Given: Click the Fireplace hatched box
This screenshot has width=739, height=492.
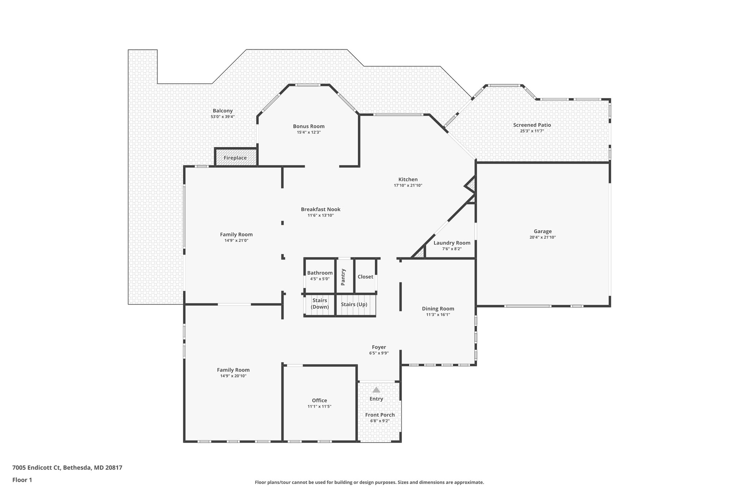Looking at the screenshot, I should point(235,158).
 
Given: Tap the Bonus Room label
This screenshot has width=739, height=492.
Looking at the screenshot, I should point(309,126).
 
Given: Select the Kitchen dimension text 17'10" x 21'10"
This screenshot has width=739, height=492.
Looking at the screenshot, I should point(408,186).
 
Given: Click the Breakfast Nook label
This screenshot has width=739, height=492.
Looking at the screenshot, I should point(320,209).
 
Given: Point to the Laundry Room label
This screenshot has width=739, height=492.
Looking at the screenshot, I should point(452,243).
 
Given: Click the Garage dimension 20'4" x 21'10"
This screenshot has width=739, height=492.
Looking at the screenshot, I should point(542,238).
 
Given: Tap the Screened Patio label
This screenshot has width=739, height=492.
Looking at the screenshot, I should point(532,125).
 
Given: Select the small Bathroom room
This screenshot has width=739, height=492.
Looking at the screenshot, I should point(320,276).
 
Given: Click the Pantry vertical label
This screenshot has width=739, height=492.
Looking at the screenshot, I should point(343,277).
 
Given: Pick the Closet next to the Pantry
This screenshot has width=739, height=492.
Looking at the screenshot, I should point(365,277).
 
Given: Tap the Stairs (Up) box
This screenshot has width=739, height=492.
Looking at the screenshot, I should point(354,304).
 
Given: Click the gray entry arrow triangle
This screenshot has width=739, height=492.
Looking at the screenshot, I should point(376,390).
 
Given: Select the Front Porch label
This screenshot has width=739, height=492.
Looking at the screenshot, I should point(380,415).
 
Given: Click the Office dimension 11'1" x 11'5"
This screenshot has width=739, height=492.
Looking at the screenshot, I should point(319,407).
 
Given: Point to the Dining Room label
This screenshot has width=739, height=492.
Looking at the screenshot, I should point(438,309).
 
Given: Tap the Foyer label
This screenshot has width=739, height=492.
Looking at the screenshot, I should point(379,347).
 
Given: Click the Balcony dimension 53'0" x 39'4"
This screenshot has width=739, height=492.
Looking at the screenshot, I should point(223,117).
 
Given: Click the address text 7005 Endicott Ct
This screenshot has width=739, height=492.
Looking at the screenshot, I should point(36,468).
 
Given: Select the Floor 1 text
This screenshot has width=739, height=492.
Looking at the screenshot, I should point(22,480).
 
